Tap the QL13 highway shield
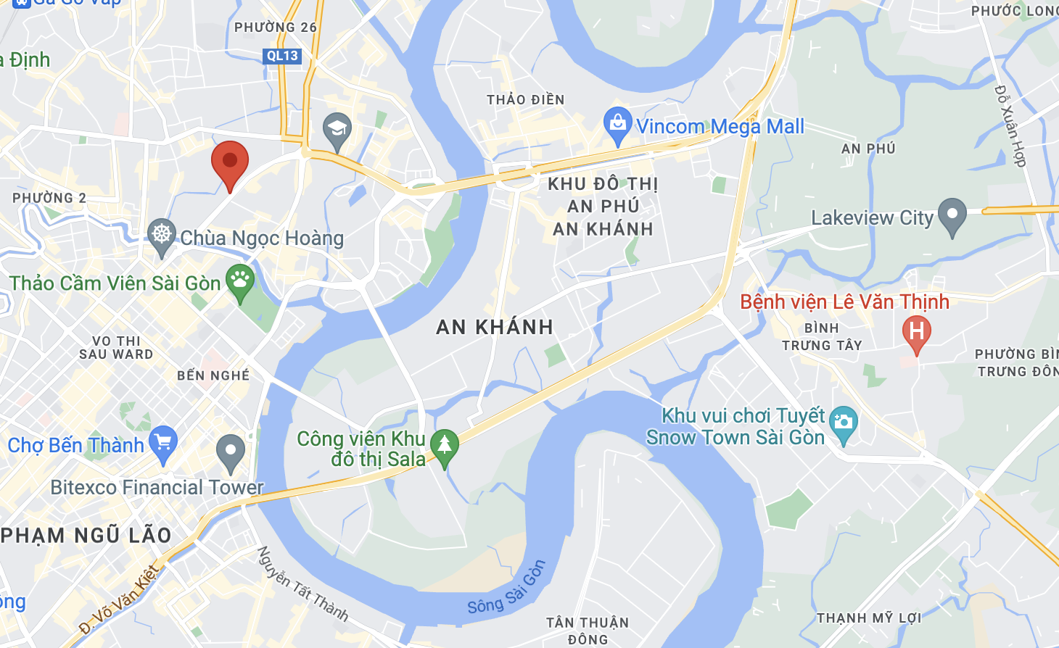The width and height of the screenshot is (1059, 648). [281, 56]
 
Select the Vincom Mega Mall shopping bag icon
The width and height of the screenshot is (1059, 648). [617, 125]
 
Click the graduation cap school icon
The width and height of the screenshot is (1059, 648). [337, 130]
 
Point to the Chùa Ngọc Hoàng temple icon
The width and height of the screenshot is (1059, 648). [162, 234]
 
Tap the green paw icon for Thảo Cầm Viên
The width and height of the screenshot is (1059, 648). [240, 280]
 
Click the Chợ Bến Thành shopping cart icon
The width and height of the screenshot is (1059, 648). [163, 441]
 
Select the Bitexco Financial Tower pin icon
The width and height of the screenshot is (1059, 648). [231, 451]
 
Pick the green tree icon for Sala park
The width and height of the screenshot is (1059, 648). [445, 445]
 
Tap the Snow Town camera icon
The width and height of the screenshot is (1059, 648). [843, 423]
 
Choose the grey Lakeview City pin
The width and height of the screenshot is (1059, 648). [952, 215]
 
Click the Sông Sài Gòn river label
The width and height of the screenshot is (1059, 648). [506, 587]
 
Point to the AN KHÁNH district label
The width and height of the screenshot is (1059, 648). [495, 328]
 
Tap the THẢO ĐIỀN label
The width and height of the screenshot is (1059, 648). [526, 100]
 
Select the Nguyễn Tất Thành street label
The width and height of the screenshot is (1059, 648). [303, 584]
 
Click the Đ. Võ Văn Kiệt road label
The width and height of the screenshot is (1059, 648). [119, 599]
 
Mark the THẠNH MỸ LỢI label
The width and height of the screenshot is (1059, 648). [869, 618]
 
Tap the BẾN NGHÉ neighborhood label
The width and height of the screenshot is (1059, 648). [213, 375]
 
